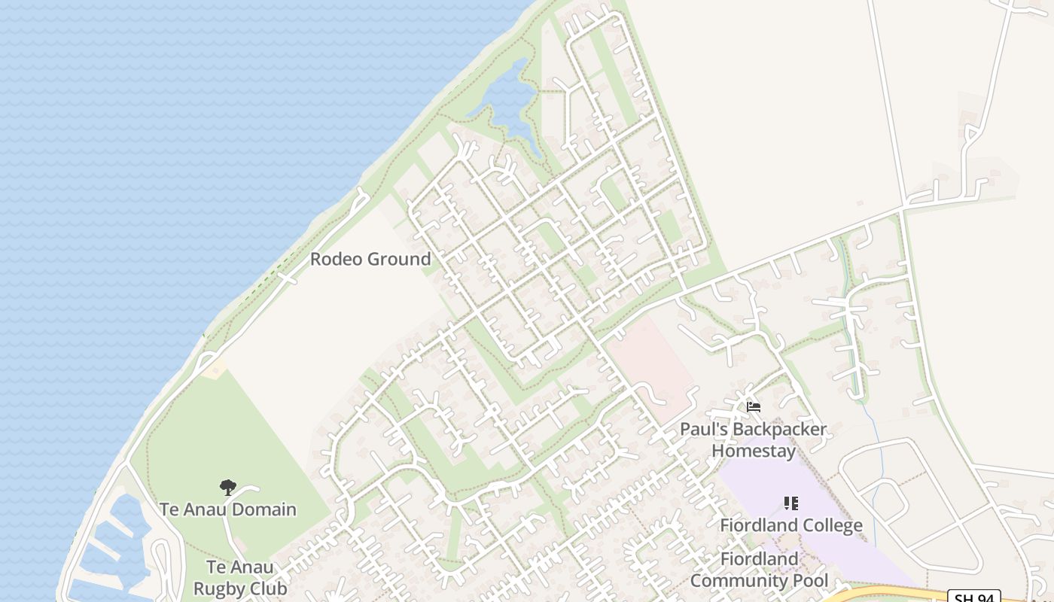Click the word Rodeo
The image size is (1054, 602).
(337, 260)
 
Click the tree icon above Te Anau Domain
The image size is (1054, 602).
(227, 488)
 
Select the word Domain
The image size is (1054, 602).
(263, 510)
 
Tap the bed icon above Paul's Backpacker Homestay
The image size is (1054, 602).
(753, 407)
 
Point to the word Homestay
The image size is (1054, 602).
(753, 451)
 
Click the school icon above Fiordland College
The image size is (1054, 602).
(790, 503)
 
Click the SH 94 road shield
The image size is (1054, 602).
(973, 597)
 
